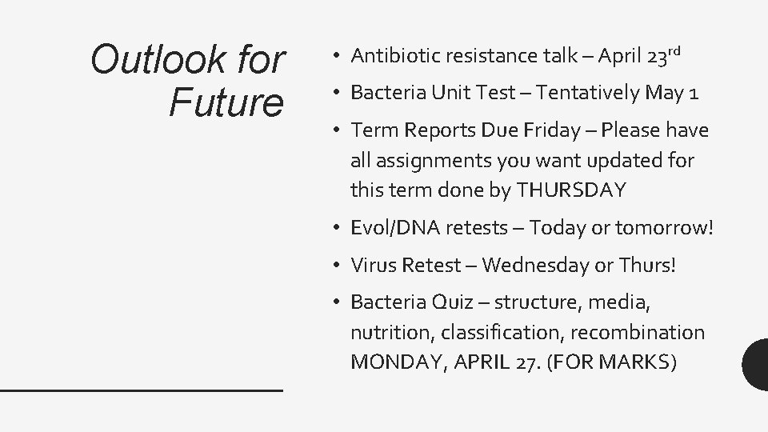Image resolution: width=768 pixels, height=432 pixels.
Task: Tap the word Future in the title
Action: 227,102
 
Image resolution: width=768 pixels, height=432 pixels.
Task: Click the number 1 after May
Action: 694,94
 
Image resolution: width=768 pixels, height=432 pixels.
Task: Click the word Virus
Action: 373,265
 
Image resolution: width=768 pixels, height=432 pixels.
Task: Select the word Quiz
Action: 453,302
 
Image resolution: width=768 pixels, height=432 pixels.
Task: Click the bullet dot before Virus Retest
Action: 339,266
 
